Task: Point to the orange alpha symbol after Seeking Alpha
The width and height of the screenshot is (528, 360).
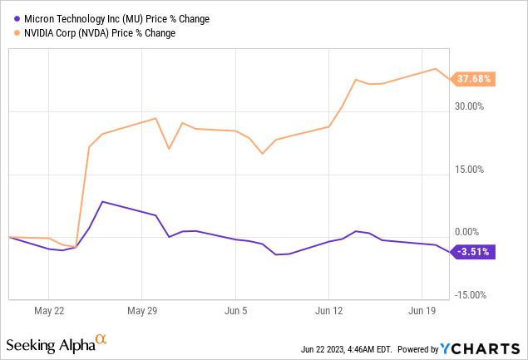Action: [x=101, y=339]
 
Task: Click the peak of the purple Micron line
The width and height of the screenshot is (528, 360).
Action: [x=101, y=201]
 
